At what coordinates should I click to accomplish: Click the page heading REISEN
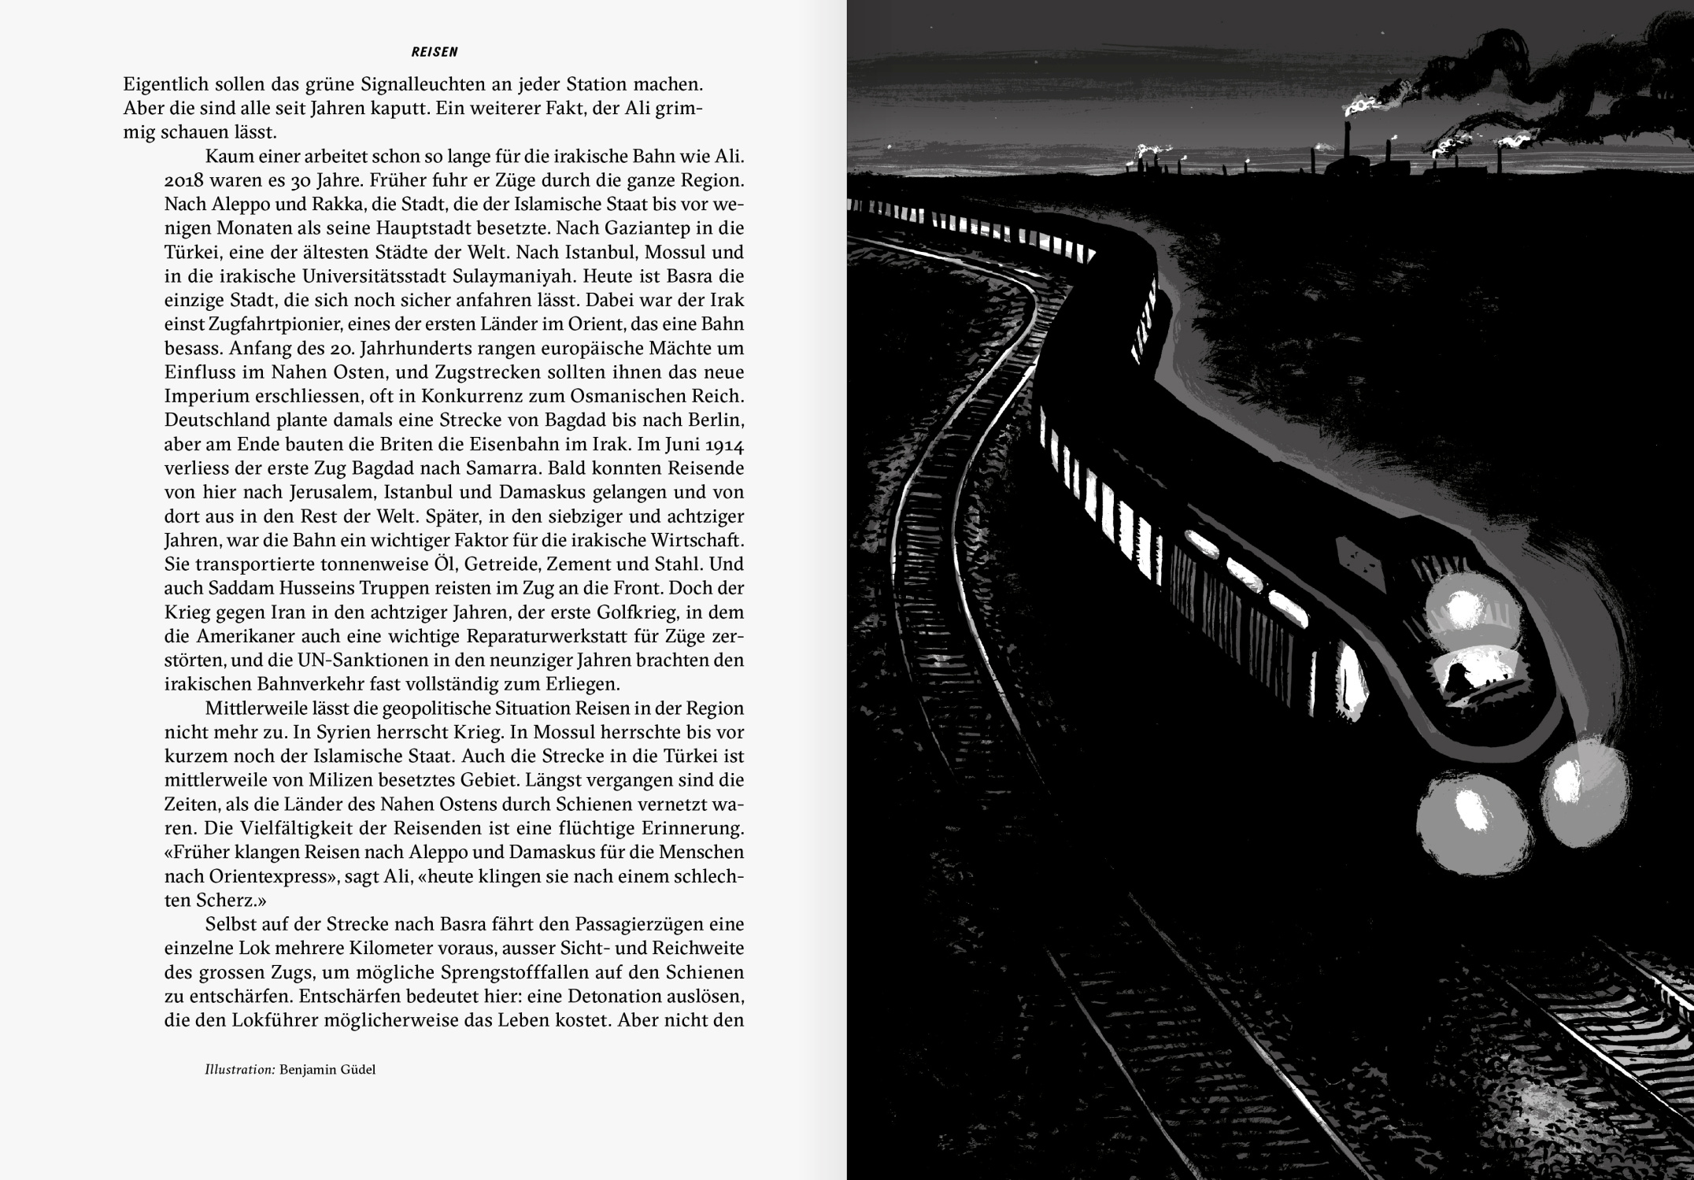pos(434,52)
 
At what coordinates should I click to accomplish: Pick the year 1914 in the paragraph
pos(724,444)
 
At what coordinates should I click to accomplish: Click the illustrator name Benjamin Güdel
pos(327,1070)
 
